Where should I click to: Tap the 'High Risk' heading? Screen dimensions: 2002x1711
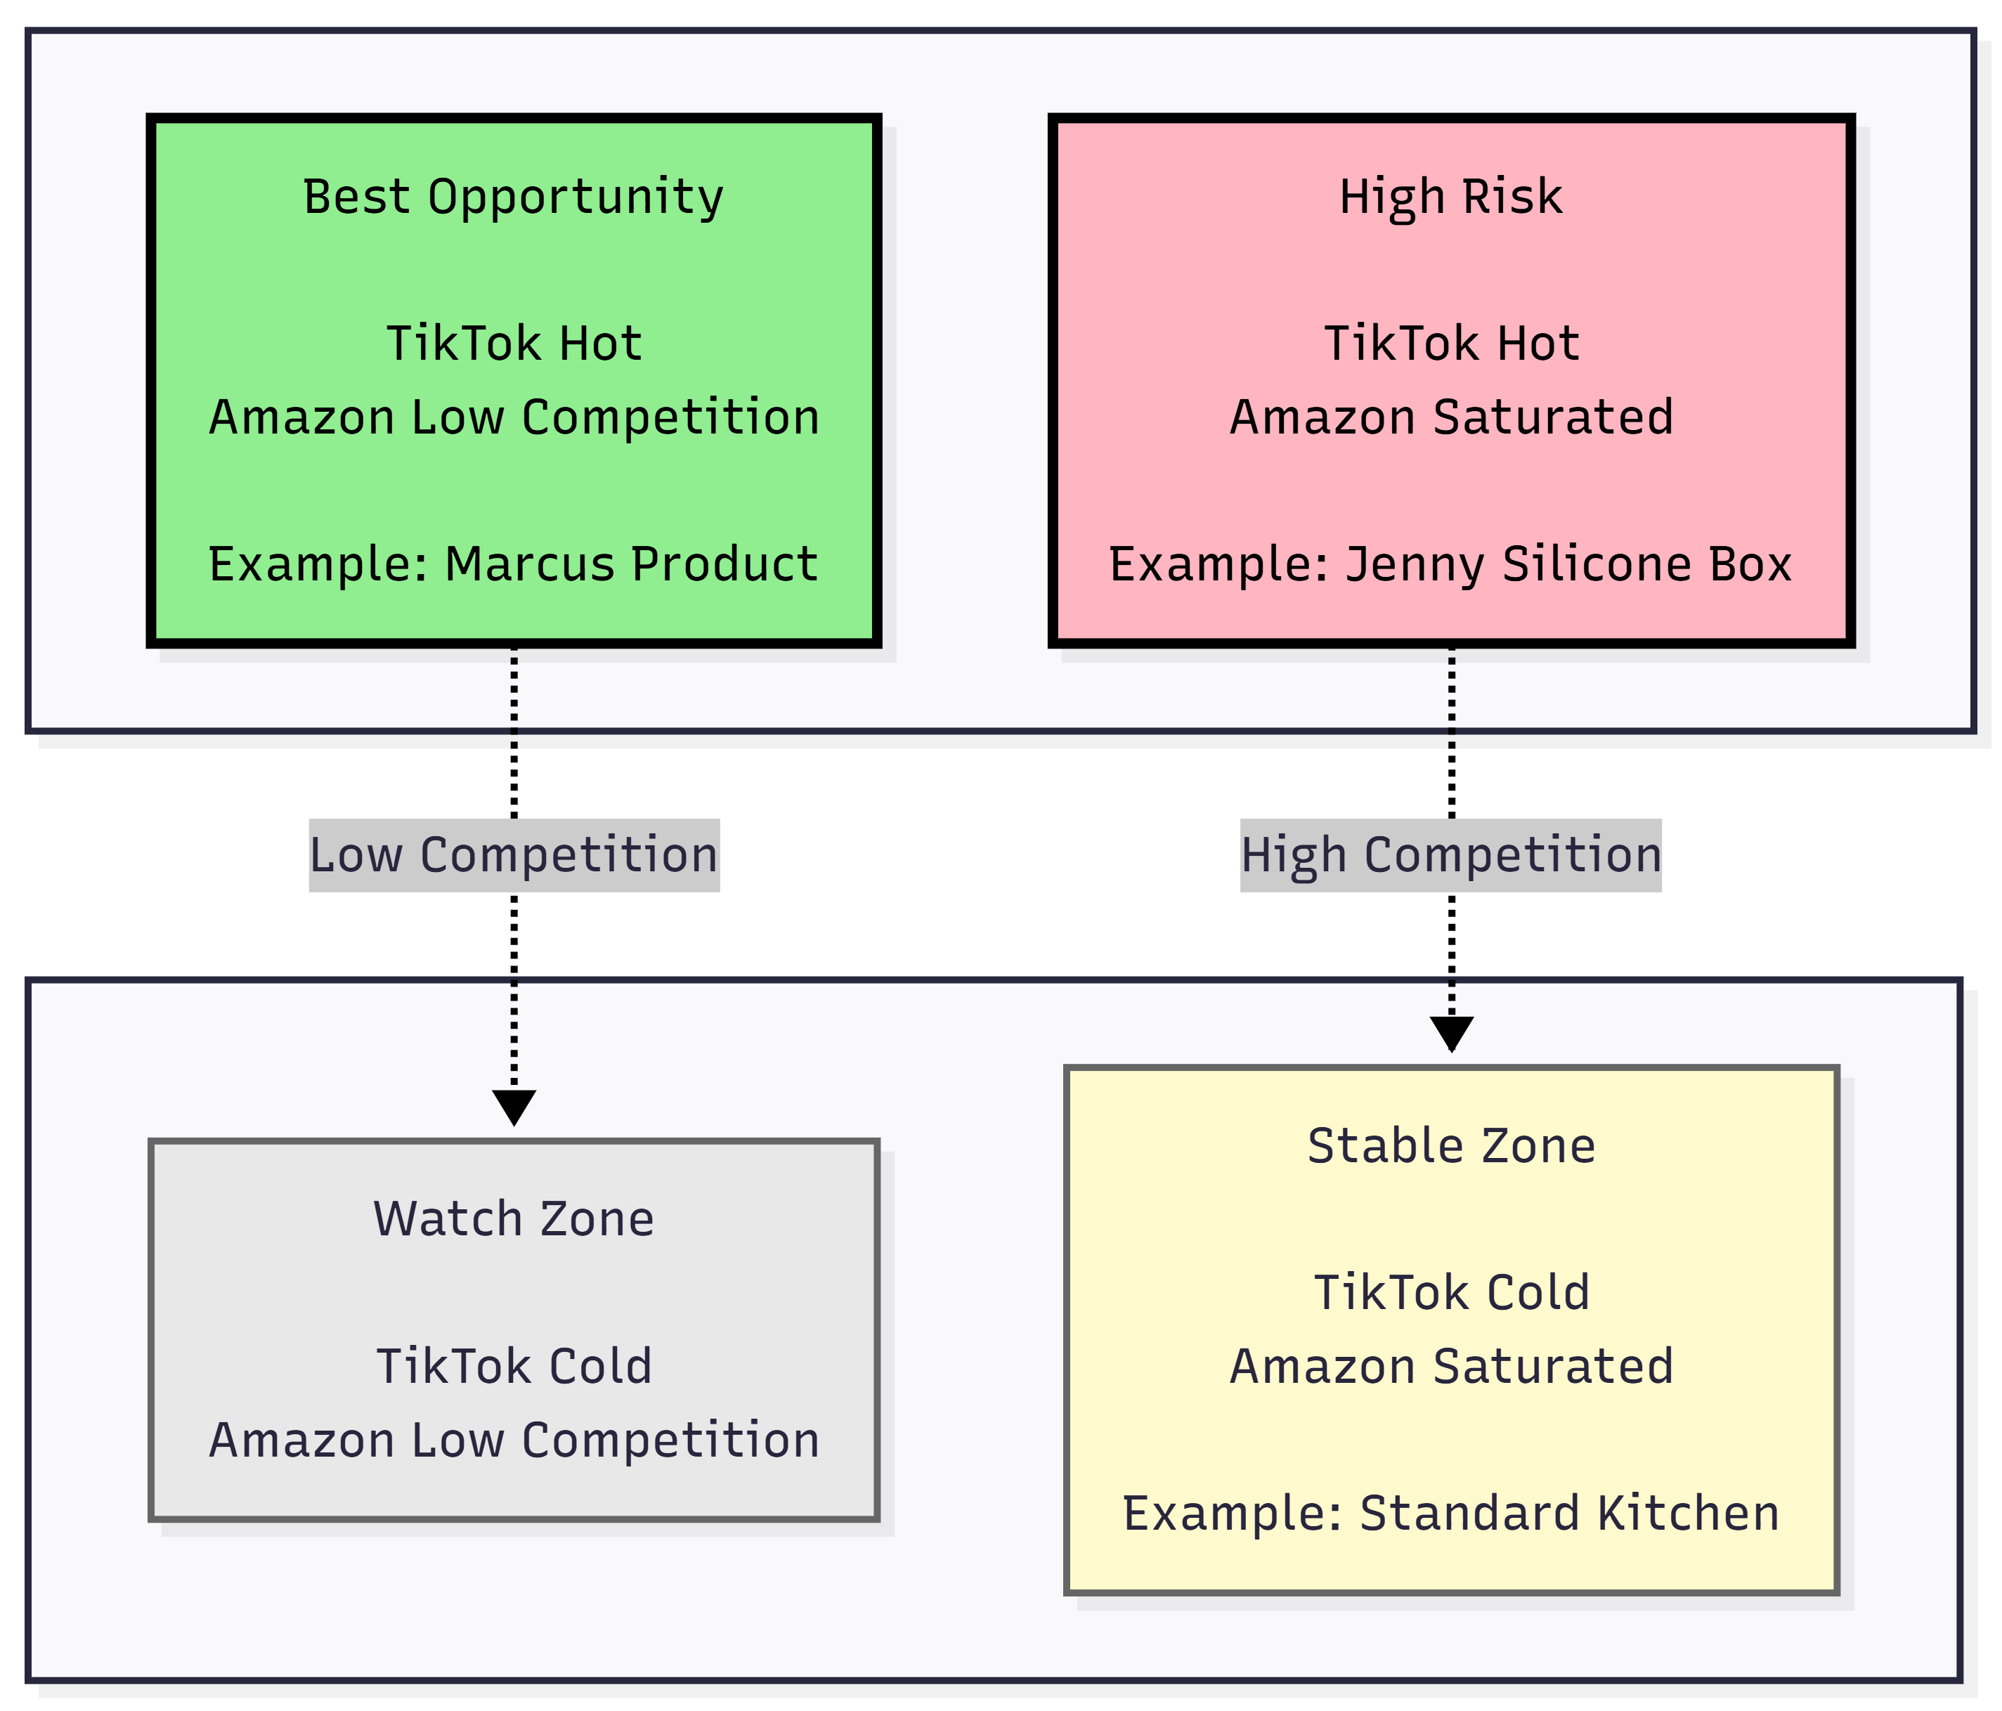tap(1450, 197)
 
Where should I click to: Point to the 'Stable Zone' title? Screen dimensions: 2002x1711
tap(1451, 1146)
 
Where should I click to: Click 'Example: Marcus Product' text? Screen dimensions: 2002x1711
tap(513, 564)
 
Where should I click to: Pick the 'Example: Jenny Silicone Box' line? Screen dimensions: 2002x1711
tap(1450, 565)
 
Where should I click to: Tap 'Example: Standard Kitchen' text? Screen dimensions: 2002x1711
tap(1450, 1513)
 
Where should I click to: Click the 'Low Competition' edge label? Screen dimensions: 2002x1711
tap(514, 856)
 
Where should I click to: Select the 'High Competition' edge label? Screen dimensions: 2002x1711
tap(1451, 856)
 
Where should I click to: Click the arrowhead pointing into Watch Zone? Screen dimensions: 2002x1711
tap(514, 1107)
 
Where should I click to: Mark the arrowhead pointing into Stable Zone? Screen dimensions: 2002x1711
tap(1451, 1034)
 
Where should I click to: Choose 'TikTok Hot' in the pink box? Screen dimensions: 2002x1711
tap(1451, 344)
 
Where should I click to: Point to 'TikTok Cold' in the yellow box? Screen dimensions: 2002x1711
tap(1451, 1293)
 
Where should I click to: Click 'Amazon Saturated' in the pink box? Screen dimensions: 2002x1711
tap(1451, 417)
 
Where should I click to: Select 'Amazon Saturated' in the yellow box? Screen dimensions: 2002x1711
tap(1451, 1366)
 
